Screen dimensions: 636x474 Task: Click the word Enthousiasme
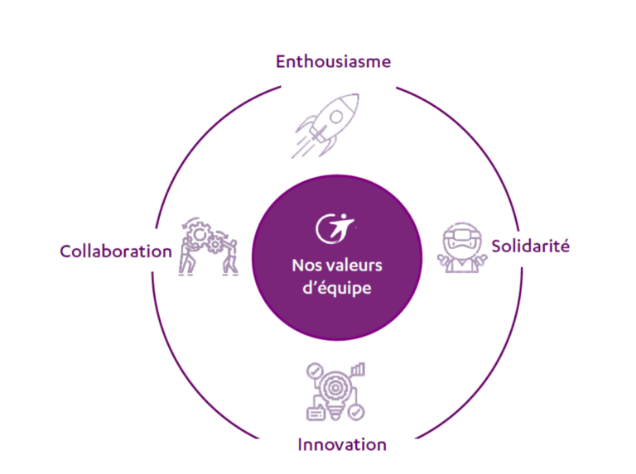[x=334, y=61]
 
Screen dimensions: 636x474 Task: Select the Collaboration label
[x=116, y=251]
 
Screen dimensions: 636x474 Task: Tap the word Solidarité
[x=531, y=246]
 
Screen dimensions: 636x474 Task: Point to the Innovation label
[x=342, y=444]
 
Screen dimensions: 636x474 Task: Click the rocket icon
[x=326, y=126]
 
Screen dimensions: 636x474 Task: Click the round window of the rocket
[x=336, y=117]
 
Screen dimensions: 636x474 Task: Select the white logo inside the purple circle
[x=335, y=228]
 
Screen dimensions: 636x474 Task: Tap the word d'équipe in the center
[x=337, y=288]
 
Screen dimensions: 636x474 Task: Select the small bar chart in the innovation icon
[x=358, y=369]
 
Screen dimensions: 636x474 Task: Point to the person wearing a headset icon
[x=462, y=247]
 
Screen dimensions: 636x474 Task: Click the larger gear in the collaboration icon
[x=200, y=234]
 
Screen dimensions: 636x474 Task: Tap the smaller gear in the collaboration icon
[x=214, y=244]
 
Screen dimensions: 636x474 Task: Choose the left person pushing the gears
[x=187, y=256]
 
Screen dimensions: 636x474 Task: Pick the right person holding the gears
[x=231, y=257]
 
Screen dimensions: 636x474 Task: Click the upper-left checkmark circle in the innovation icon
[x=315, y=371]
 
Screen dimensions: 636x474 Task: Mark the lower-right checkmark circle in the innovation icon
[x=356, y=413]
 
